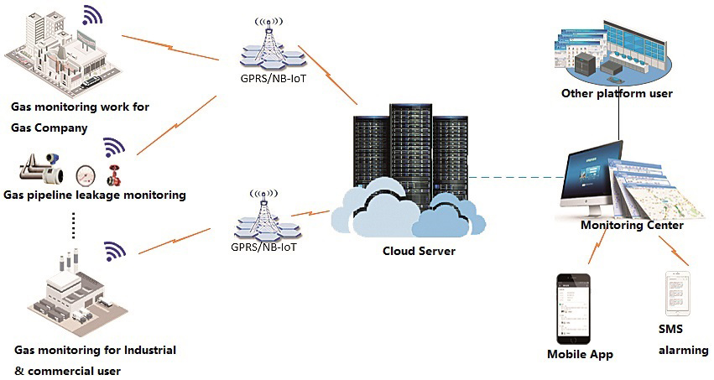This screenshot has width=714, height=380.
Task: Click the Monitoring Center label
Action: (x=632, y=226)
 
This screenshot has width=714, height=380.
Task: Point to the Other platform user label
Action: (x=617, y=94)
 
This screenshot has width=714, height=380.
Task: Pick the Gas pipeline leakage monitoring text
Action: (x=94, y=195)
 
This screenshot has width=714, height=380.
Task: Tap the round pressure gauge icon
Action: (x=86, y=174)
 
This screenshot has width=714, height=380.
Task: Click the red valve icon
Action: (x=112, y=176)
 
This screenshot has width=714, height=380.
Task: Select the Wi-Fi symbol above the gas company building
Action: (x=91, y=15)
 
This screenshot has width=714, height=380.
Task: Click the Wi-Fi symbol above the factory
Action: (x=114, y=251)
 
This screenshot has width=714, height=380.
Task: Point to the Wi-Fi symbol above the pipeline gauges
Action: (x=113, y=148)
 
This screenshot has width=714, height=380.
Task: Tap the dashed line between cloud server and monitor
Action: (x=513, y=178)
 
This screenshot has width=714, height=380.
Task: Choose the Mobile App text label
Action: (x=580, y=354)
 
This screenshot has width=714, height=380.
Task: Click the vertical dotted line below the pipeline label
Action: (x=74, y=224)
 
